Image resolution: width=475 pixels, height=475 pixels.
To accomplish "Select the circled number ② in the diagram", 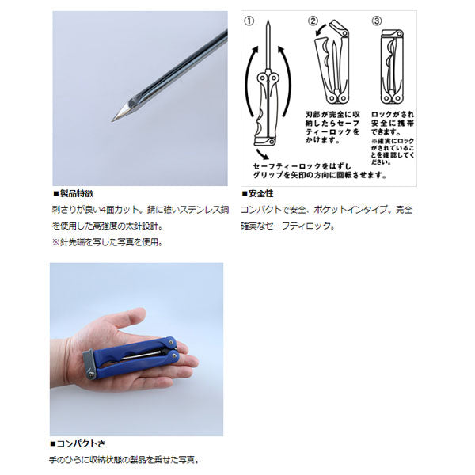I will [313, 21].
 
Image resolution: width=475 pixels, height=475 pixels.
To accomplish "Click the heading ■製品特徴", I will [73, 193].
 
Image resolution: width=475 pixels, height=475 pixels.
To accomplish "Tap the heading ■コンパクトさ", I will [78, 444].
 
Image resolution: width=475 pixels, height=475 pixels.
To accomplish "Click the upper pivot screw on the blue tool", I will [170, 346].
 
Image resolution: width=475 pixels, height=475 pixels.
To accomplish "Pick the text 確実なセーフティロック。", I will [289, 226].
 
